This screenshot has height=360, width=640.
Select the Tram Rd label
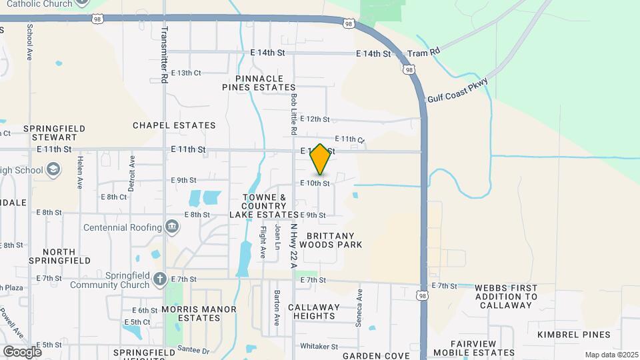click(425, 52)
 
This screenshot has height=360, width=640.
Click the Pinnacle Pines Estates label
click(259, 83)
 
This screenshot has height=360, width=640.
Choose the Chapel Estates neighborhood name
click(174, 125)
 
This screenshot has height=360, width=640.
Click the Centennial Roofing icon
click(172, 227)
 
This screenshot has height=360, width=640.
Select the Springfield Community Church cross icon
click(159, 279)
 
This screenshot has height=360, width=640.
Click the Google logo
click(22, 351)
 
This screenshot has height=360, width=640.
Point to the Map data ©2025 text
click(610, 354)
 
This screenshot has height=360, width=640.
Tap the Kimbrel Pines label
click(574, 335)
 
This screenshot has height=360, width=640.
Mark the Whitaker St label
click(319, 346)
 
